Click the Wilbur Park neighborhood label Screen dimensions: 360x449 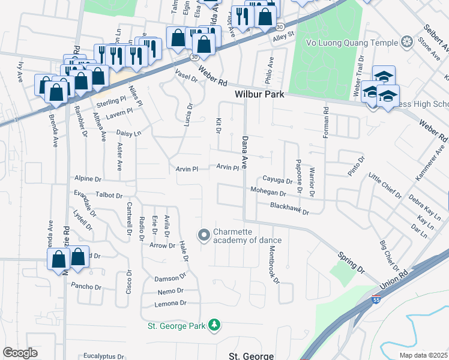click(259, 95)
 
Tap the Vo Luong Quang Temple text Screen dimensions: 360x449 click(352, 43)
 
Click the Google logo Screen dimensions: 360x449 click(20, 352)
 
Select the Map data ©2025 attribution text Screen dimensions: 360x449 click(423, 355)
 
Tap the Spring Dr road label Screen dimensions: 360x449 click(352, 262)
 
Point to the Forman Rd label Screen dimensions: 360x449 click(326, 122)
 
